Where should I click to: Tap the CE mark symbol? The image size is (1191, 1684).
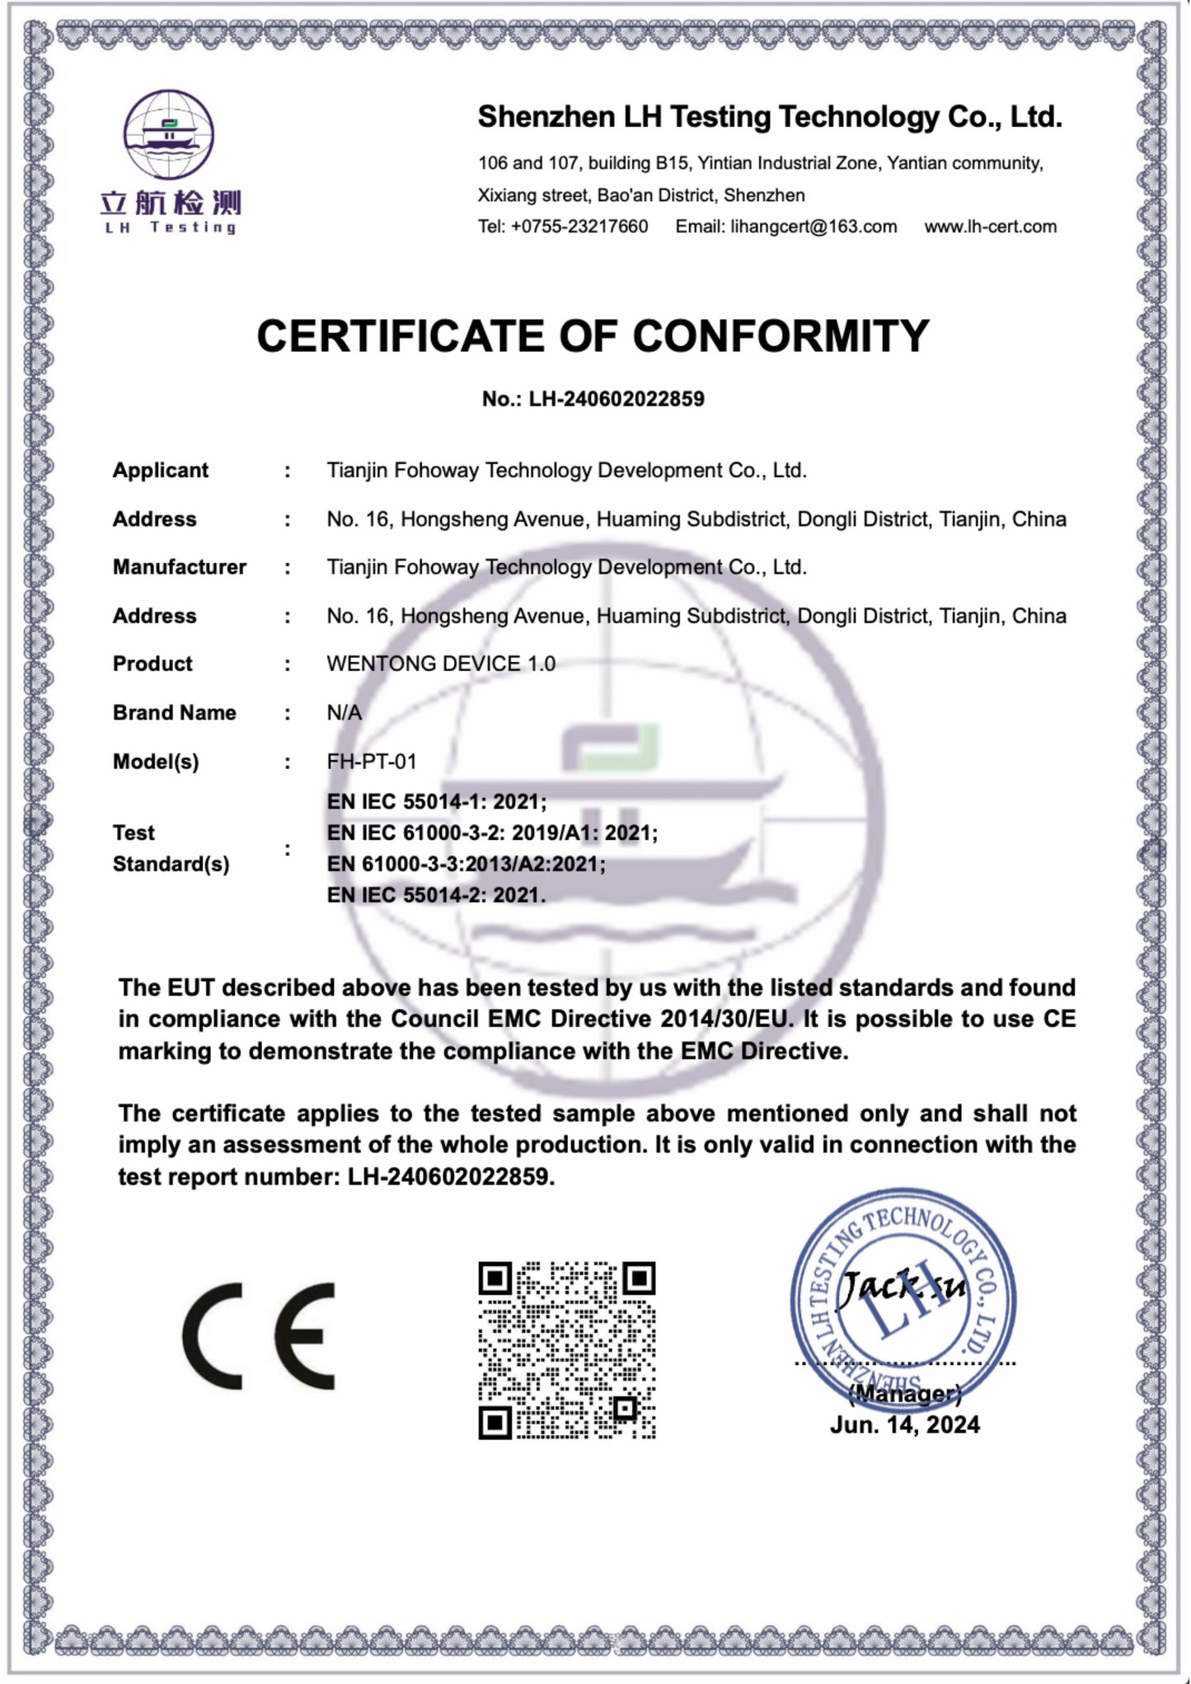pyautogui.click(x=259, y=1336)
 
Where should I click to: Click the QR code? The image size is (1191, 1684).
pyautogui.click(x=567, y=1350)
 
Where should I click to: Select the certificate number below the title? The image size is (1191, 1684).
pyautogui.click(x=593, y=399)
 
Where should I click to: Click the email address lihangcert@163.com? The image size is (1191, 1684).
pyautogui.click(x=813, y=227)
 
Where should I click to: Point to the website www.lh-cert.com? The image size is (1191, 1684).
pyautogui.click(x=990, y=227)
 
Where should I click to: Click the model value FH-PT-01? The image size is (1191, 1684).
pyautogui.click(x=372, y=762)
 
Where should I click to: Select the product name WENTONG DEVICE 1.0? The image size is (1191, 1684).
pyautogui.click(x=441, y=664)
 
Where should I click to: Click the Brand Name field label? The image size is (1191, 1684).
pyautogui.click(x=175, y=713)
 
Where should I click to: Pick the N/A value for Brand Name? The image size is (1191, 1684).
pyautogui.click(x=345, y=713)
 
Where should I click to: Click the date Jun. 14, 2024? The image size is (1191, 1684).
pyautogui.click(x=904, y=1425)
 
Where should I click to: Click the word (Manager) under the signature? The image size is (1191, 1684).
pyautogui.click(x=904, y=1393)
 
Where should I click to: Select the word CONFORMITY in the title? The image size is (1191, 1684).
pyautogui.click(x=781, y=336)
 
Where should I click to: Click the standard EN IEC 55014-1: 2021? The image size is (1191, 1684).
pyautogui.click(x=436, y=802)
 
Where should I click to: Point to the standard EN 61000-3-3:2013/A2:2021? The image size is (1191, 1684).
pyautogui.click(x=466, y=864)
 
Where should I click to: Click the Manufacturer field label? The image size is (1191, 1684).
pyautogui.click(x=180, y=567)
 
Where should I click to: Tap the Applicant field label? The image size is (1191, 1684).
pyautogui.click(x=161, y=471)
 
